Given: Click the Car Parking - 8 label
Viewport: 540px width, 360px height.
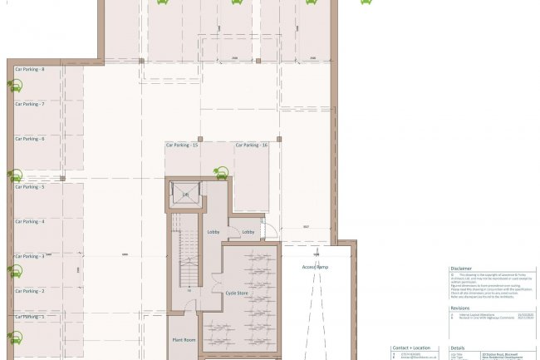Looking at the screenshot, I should coord(29,70).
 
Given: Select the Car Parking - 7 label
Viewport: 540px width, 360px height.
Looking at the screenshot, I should coord(29,105).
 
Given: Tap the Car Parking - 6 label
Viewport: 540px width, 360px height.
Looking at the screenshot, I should coord(29,139).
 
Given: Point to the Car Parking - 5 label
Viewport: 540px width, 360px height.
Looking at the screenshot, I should coord(29,187).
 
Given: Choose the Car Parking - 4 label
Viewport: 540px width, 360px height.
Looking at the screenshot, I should coord(29,222).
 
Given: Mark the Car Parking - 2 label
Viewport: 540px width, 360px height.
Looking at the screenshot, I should coord(29,291).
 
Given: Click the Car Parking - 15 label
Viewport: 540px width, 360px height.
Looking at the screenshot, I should coord(181,145).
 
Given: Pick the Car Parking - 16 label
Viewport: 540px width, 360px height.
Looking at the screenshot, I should coord(251,145).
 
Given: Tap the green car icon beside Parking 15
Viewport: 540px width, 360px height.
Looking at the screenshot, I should coord(221,173).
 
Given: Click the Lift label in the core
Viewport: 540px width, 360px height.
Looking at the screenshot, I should coord(186,195).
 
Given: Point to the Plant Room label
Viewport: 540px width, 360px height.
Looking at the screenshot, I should coord(184,341).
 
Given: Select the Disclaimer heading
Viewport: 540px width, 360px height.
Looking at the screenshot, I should coord(461,269).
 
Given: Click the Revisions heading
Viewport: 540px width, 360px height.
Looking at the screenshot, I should coord(459,308).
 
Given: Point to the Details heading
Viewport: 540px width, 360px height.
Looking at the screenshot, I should coord(457,348).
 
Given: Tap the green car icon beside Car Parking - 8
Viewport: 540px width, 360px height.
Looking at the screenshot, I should coord(16,85).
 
